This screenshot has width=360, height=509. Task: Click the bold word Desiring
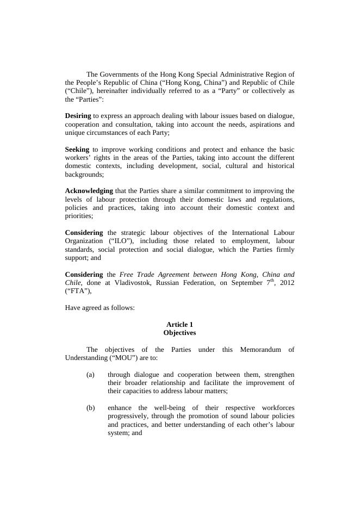(x=78, y=116)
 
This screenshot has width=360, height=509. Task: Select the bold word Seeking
(x=77, y=150)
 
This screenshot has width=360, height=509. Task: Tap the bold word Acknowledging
(x=89, y=191)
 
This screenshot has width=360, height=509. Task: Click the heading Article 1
(x=179, y=325)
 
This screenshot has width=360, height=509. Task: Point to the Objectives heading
(x=179, y=333)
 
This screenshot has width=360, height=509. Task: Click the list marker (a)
(x=90, y=375)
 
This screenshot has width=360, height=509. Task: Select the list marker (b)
(x=90, y=408)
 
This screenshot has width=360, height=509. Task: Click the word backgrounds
(x=83, y=175)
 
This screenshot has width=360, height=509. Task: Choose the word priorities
(x=78, y=216)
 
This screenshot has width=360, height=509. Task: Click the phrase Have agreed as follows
(x=100, y=308)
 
